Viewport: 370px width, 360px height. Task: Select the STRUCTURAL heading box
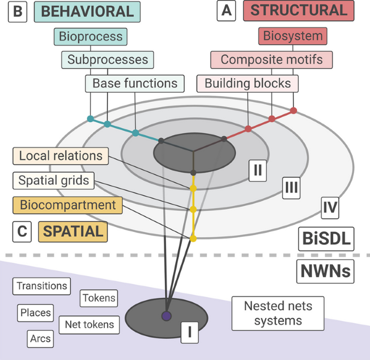299,11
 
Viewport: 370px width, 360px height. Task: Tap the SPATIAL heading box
72,231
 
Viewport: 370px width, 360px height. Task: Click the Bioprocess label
91,37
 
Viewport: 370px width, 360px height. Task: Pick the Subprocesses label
107,59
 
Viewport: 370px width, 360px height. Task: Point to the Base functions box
134,83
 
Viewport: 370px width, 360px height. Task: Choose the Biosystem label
293,37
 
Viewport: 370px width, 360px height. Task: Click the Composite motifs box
271,59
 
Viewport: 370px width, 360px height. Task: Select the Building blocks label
247,83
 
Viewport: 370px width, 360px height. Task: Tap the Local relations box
60,156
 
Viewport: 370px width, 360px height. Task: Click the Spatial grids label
53,180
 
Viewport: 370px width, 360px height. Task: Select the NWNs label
325,271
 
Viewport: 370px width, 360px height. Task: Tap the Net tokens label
90,324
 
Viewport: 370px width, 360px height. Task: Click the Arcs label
41,339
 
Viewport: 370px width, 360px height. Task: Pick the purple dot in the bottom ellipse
166,316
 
